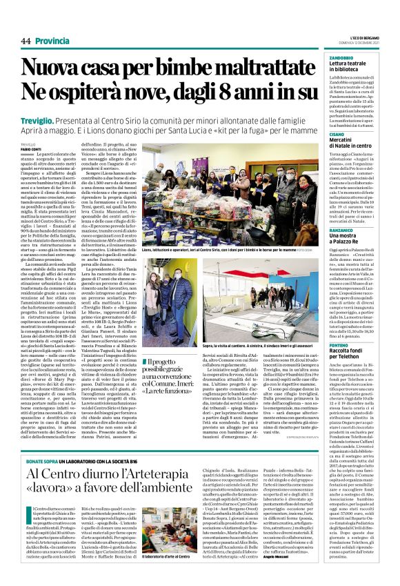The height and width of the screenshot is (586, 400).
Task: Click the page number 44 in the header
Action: pyautogui.click(x=26, y=41)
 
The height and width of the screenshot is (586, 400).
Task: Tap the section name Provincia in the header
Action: pyautogui.click(x=53, y=41)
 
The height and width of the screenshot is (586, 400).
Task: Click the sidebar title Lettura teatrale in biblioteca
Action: pyautogui.click(x=352, y=68)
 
